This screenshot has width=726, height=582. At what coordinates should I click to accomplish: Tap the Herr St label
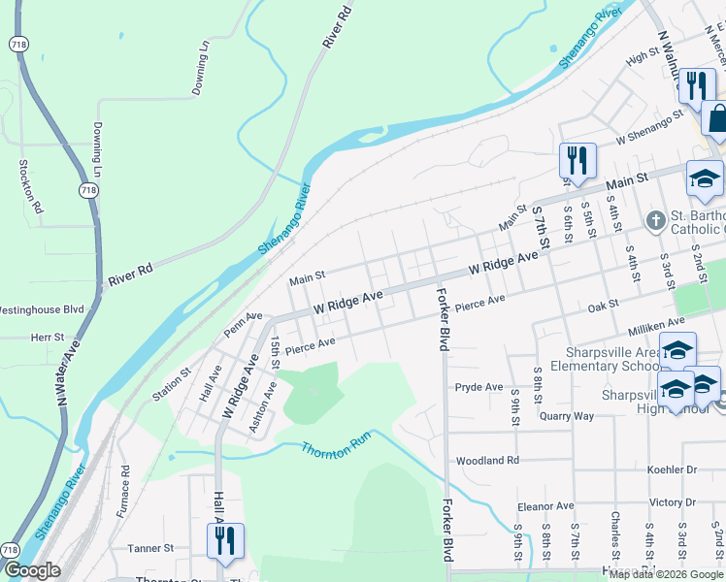(47, 338)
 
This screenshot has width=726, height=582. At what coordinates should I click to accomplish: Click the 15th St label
(275, 352)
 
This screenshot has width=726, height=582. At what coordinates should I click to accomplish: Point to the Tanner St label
(150, 548)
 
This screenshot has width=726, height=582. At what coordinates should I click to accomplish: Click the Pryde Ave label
(478, 387)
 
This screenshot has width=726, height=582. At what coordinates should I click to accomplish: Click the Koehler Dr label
(672, 469)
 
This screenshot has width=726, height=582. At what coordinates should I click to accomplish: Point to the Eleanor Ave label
(546, 506)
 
